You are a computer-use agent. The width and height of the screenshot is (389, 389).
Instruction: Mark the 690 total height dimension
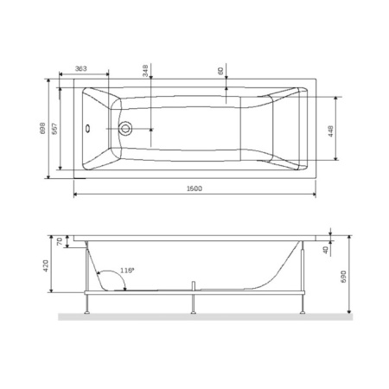coord(342,275)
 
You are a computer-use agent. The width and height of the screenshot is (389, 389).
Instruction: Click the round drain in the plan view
coord(127,131)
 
